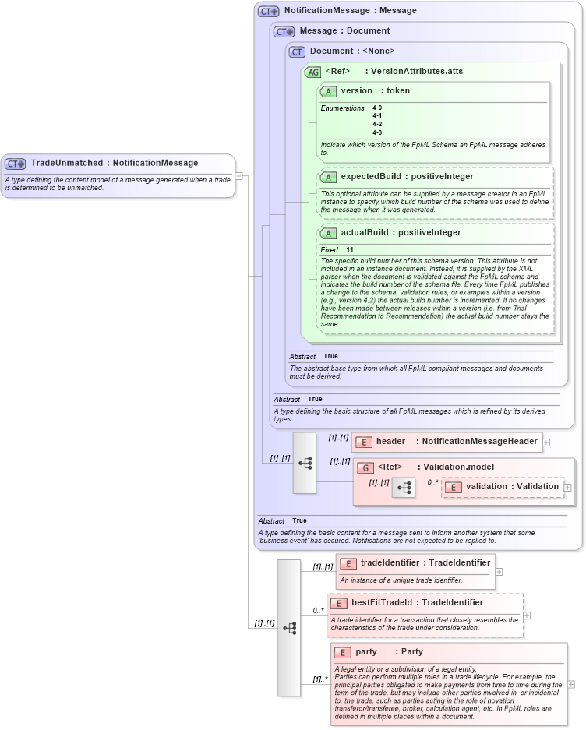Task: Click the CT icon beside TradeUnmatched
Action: click(x=16, y=164)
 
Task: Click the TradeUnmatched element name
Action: click(x=66, y=164)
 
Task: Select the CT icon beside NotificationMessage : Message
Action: click(x=269, y=11)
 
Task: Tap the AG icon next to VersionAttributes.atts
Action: click(x=312, y=72)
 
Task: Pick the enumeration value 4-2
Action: click(x=377, y=124)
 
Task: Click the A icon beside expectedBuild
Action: click(x=328, y=177)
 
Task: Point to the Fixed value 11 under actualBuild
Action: click(x=350, y=249)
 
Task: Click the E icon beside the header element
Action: click(x=363, y=442)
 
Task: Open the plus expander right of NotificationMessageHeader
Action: click(x=546, y=442)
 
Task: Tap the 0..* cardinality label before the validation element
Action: click(x=432, y=482)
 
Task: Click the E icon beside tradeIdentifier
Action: click(x=348, y=563)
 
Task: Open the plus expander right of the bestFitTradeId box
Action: click(x=528, y=615)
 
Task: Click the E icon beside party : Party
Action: click(x=342, y=652)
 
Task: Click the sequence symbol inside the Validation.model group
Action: click(x=404, y=488)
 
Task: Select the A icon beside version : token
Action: click(x=328, y=91)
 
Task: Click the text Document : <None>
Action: click(x=352, y=51)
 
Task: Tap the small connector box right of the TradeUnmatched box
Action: click(x=239, y=175)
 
